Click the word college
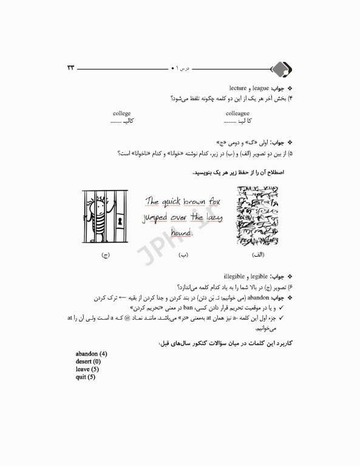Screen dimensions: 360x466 pos(121,113)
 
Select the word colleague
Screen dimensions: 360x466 pos(237,113)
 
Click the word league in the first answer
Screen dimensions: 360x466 pos(258,88)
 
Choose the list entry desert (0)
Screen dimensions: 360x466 pos(89,361)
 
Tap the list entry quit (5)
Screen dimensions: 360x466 pos(86,377)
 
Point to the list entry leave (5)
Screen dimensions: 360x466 pos(87,369)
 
